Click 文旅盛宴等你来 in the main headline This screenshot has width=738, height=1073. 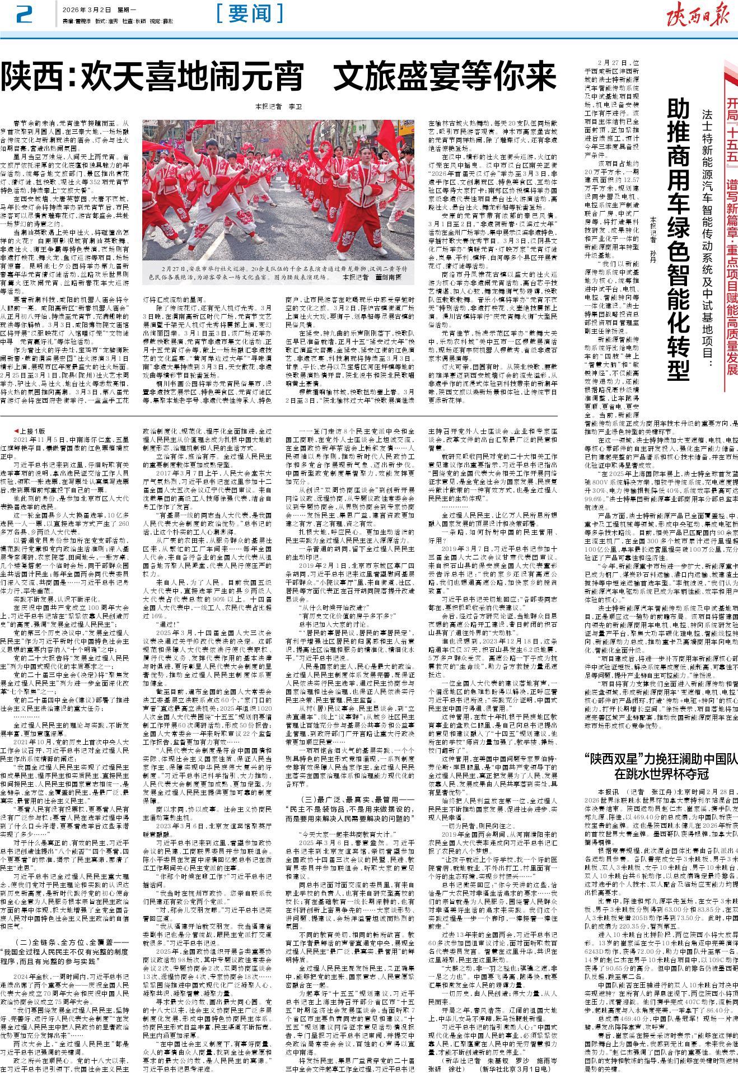click(x=438, y=77)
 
